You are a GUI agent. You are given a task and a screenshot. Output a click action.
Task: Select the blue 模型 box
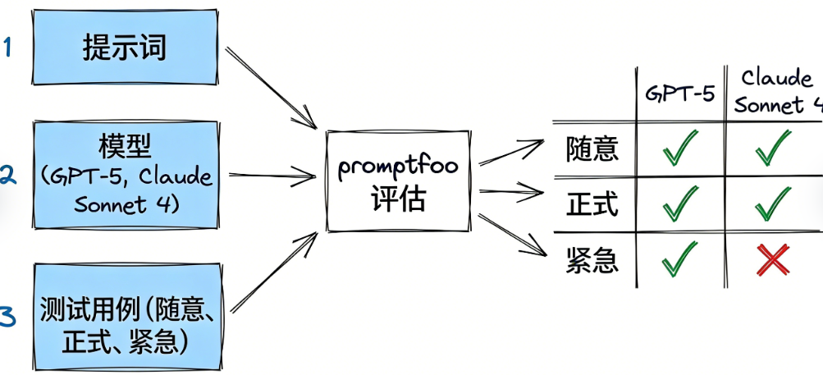pyautogui.click(x=125, y=174)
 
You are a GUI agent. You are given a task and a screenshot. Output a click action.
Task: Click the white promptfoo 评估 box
pyautogui.click(x=398, y=181)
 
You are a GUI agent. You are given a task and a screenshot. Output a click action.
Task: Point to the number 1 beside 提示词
pyautogui.click(x=7, y=48)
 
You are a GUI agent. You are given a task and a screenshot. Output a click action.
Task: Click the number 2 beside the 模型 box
pyautogui.click(x=7, y=175)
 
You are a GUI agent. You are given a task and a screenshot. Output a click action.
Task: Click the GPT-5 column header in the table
pyautogui.click(x=679, y=93)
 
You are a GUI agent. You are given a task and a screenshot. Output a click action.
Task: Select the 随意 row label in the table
pyautogui.click(x=592, y=149)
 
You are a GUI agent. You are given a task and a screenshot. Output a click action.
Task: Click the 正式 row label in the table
pyautogui.click(x=592, y=204)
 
